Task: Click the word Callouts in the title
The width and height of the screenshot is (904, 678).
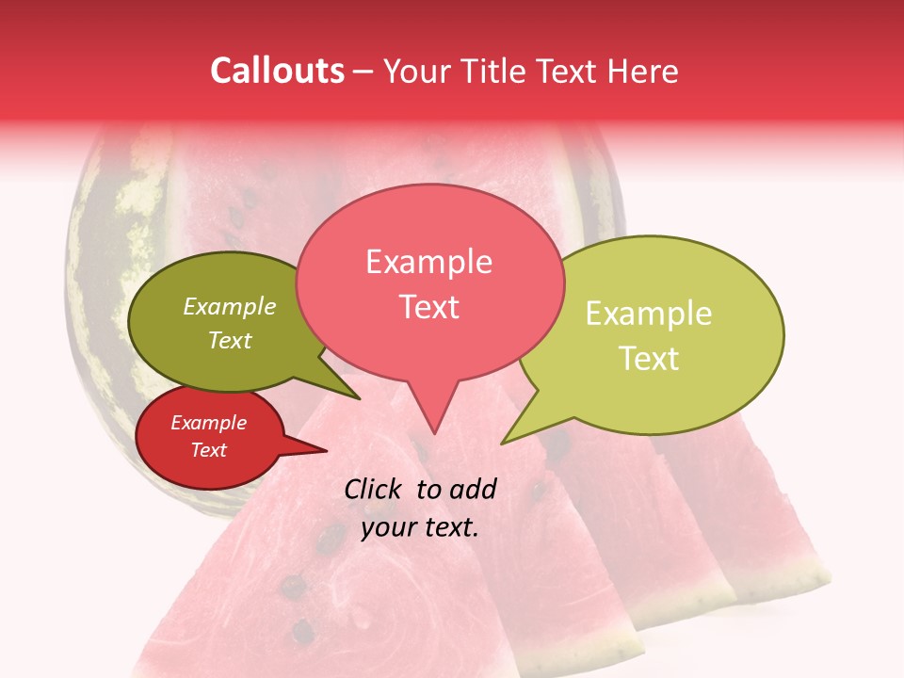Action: [277, 71]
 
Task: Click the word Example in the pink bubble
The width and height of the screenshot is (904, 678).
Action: [429, 262]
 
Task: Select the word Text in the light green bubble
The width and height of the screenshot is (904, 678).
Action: [649, 358]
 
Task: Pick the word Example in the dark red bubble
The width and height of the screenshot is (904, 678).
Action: [208, 423]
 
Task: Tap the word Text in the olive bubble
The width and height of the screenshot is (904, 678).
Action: [230, 340]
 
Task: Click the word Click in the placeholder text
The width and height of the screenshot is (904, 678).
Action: [374, 489]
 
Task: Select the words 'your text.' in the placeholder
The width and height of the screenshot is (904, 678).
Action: [420, 527]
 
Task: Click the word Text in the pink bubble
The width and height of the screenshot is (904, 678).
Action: [429, 307]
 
